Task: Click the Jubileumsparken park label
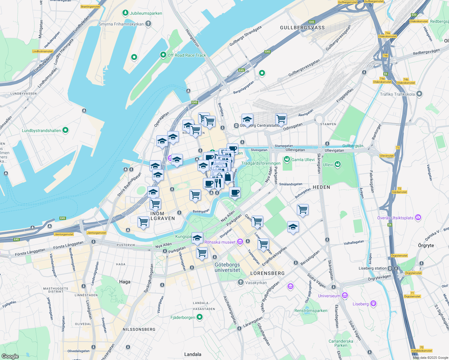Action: coord(146,13)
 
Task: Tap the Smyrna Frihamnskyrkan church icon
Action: coord(148,24)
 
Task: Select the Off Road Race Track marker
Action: coord(163,55)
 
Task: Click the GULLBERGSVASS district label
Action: coord(302,28)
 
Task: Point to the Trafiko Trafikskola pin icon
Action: coord(419,94)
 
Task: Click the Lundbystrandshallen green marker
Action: coord(65,130)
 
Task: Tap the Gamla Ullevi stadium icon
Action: coord(287,159)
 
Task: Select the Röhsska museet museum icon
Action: coord(240,242)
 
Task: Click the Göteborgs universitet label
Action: coord(227,267)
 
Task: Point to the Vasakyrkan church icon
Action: coord(240,282)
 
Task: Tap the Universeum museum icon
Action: coord(345,295)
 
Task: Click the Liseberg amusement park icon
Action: coord(373,304)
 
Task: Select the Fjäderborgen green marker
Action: coord(200,317)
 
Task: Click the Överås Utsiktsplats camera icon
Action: coord(418,217)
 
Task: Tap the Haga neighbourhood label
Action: coord(125,282)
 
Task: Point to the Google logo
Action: coord(10,356)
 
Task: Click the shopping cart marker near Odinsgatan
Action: coord(281,119)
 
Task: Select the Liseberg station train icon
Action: coord(390,268)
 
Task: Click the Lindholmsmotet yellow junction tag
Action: coord(43,51)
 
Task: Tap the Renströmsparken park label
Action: coord(311,310)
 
